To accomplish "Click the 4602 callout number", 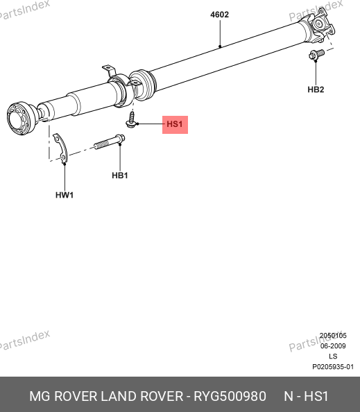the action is click(x=219, y=15).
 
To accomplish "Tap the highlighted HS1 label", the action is click(x=175, y=124).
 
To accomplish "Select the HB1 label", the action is click(x=120, y=175).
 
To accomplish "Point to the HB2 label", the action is click(x=316, y=89).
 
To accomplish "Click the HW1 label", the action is click(x=65, y=195).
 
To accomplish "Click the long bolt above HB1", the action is click(x=110, y=141).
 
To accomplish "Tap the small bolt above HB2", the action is click(x=316, y=55).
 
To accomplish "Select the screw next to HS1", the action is click(x=131, y=120).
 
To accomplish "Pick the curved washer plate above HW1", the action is click(x=62, y=148).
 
